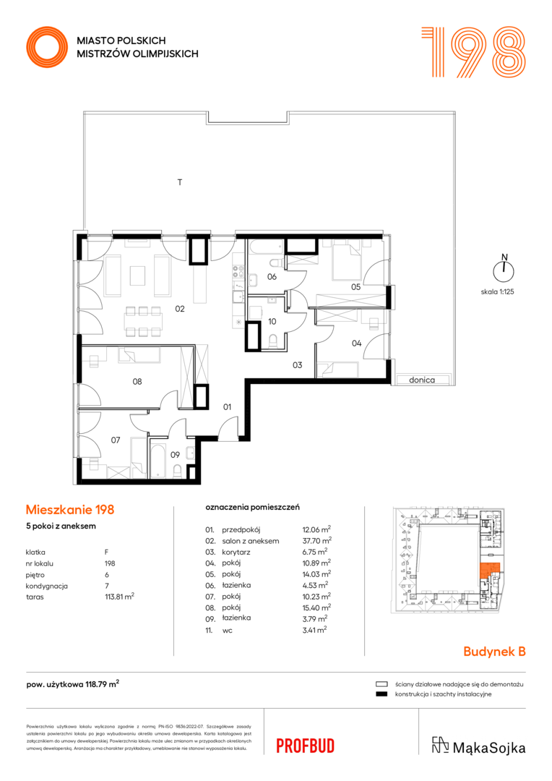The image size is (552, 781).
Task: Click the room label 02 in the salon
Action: point(180,309)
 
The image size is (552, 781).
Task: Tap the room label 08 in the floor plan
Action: point(137,382)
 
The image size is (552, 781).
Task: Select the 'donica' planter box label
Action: point(422,380)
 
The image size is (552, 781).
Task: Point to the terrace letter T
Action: point(180,182)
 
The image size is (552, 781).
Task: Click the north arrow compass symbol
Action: point(504,270)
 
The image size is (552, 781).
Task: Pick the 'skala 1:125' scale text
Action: point(497,292)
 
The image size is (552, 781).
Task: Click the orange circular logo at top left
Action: point(47,47)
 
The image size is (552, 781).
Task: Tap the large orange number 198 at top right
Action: point(473,52)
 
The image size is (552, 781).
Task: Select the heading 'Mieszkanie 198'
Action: point(70,510)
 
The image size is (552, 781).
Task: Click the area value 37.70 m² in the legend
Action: point(317,540)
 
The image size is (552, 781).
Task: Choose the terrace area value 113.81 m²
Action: point(119,597)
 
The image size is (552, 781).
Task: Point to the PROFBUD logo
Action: point(305,746)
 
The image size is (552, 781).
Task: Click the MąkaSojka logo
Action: point(478,746)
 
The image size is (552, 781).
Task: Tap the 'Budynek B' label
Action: point(494,652)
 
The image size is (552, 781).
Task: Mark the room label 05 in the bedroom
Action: point(356,287)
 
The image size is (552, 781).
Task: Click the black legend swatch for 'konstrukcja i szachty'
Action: point(381,693)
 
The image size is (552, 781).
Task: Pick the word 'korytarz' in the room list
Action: point(236,552)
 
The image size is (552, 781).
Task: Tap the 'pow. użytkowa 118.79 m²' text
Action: point(73,684)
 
